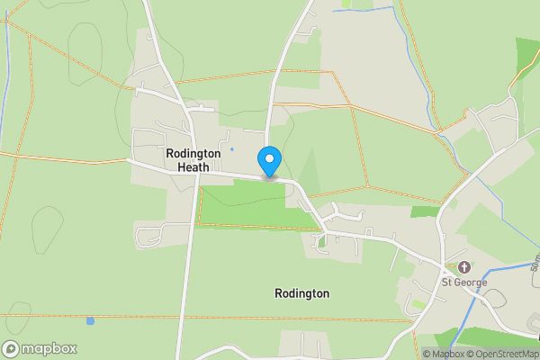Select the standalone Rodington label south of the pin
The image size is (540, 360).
coord(301,293)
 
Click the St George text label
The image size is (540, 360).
coord(463,283)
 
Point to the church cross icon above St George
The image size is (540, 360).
coord(464,267)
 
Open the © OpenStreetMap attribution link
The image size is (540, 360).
coord(501,354)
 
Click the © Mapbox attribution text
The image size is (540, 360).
coord(443,354)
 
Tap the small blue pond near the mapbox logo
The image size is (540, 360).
coord(90,320)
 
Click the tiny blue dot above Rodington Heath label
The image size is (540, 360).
coord(231,148)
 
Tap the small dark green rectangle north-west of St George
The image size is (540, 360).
coord(425,212)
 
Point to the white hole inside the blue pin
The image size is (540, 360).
coord(269,157)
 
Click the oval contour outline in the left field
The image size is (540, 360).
coord(43,223)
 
